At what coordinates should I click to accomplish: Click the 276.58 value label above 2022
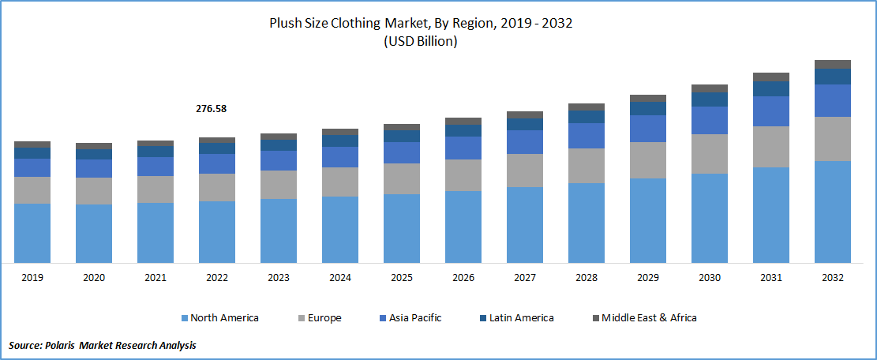click(x=211, y=108)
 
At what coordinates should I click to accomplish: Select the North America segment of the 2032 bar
click(x=832, y=212)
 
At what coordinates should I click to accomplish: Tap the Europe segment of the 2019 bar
click(x=32, y=189)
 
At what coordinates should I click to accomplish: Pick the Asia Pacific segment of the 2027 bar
click(x=525, y=142)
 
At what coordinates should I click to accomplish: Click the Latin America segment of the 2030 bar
click(x=709, y=99)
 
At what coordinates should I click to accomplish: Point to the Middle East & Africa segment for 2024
click(x=339, y=132)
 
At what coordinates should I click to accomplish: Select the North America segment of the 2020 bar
click(x=94, y=234)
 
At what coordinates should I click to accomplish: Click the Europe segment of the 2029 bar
click(x=647, y=160)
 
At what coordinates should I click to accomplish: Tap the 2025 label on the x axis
click(x=402, y=278)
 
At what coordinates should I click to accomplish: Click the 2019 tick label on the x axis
click(x=32, y=278)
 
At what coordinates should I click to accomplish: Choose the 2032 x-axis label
click(x=832, y=278)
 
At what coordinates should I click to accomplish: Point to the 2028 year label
click(x=586, y=278)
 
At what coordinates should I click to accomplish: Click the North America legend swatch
click(x=184, y=318)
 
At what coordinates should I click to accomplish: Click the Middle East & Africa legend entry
click(x=643, y=318)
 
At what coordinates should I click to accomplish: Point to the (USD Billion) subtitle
click(x=420, y=42)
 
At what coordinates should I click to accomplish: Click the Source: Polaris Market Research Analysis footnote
click(x=103, y=346)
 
